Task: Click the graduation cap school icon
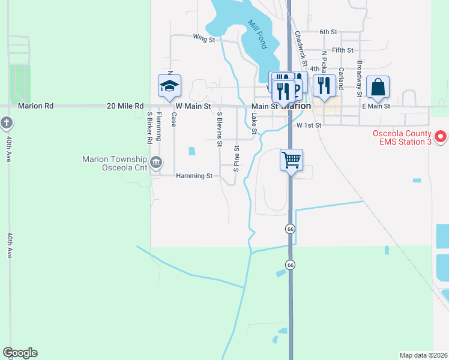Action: (x=169, y=86)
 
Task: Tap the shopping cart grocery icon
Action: (x=291, y=160)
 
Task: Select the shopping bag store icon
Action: (x=378, y=87)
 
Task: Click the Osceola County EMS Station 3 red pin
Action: (x=441, y=137)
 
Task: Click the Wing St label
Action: (x=204, y=39)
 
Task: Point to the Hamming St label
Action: (x=194, y=176)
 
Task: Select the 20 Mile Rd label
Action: (x=124, y=106)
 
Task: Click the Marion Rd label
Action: (x=36, y=106)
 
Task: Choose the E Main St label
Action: (x=376, y=106)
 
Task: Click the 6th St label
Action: (x=328, y=31)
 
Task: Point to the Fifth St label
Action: (x=343, y=50)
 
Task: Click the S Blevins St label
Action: (x=220, y=129)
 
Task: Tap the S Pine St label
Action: (x=237, y=158)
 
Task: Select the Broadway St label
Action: (x=359, y=79)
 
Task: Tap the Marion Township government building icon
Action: (x=156, y=161)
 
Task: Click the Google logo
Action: (x=20, y=353)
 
